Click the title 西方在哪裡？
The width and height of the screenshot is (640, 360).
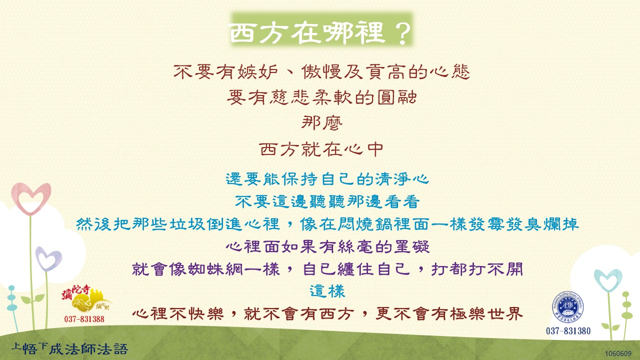coord(320,33)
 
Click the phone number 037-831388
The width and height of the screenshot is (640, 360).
coord(84,319)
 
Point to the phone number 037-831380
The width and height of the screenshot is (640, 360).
coord(568,331)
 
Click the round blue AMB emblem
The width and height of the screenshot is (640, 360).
coord(567,307)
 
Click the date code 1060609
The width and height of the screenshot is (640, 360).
coord(618,353)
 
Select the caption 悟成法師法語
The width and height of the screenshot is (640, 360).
coord(69,348)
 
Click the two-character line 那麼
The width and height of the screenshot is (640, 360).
coord(321,123)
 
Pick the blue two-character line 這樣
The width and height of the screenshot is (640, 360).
coord(327,291)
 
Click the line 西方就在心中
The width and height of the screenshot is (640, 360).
coord(321,149)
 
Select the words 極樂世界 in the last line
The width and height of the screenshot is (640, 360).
coord(486,313)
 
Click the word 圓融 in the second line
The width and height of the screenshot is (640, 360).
coord(397,97)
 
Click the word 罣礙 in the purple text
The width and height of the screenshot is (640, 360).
coord(411,247)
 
